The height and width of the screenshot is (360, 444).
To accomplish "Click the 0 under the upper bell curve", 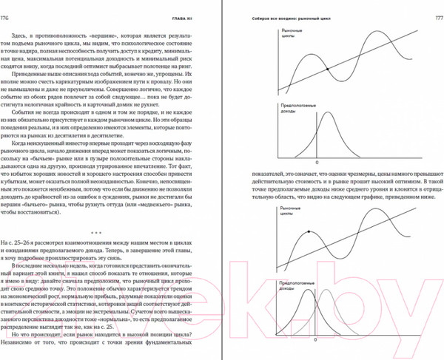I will pyautogui.click(x=317, y=161).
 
